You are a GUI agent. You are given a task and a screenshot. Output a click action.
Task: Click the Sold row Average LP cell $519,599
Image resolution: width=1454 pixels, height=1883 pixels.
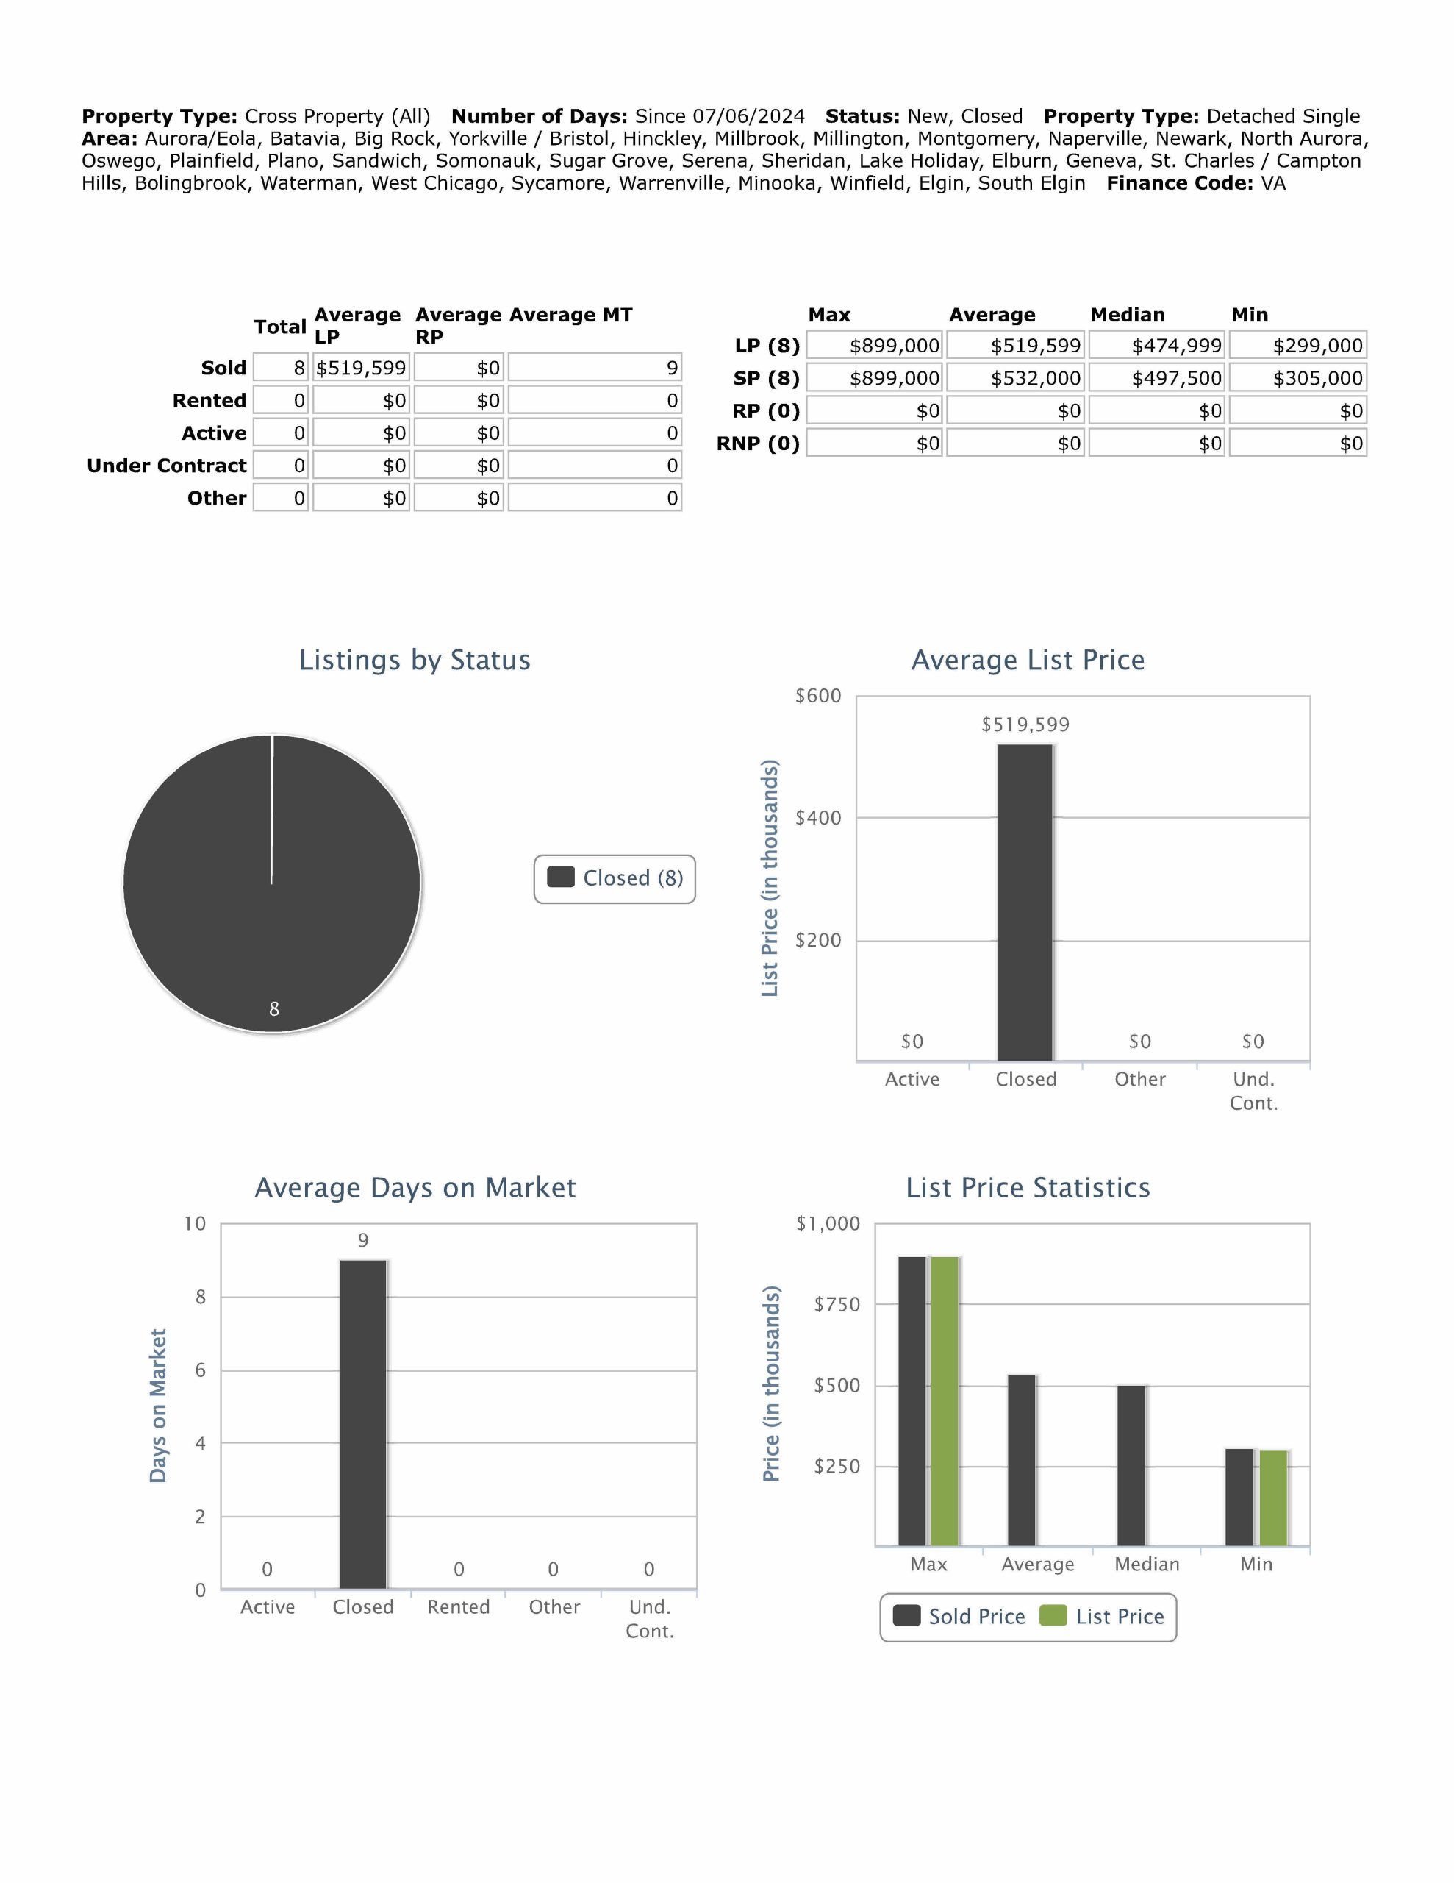[360, 369]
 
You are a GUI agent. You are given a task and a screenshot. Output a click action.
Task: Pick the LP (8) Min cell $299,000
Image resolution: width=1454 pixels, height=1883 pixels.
[1297, 346]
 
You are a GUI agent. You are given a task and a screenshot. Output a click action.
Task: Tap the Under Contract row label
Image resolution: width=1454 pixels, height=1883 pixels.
[166, 466]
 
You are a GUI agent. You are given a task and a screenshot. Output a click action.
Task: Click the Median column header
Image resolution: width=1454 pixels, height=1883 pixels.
[1128, 315]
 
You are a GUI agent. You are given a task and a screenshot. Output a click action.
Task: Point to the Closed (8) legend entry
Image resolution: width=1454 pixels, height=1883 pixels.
[615, 878]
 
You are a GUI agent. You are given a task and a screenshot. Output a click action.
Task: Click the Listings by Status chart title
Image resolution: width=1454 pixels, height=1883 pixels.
[415, 661]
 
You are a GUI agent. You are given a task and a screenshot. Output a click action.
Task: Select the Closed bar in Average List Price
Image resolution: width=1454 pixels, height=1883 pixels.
[1025, 902]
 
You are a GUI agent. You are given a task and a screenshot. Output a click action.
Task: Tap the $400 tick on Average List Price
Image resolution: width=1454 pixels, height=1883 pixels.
[818, 818]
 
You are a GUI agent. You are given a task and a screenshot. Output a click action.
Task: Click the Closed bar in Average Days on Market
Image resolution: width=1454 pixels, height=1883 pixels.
[363, 1423]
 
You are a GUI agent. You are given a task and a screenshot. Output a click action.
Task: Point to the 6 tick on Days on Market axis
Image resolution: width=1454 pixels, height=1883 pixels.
[200, 1370]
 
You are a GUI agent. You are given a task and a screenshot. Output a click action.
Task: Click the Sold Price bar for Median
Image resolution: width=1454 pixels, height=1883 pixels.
[1131, 1465]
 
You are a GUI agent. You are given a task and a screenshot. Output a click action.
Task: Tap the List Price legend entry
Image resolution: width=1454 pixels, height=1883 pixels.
[1103, 1617]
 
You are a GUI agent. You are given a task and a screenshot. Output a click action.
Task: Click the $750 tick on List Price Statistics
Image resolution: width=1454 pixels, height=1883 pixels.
[837, 1304]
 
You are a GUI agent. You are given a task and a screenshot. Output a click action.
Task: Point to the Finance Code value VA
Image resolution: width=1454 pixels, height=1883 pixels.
[1272, 184]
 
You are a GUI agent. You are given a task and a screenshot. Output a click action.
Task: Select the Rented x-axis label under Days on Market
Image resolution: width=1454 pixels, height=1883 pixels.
[459, 1607]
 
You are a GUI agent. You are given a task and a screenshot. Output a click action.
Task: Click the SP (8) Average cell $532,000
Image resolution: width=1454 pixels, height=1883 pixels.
[1014, 379]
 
